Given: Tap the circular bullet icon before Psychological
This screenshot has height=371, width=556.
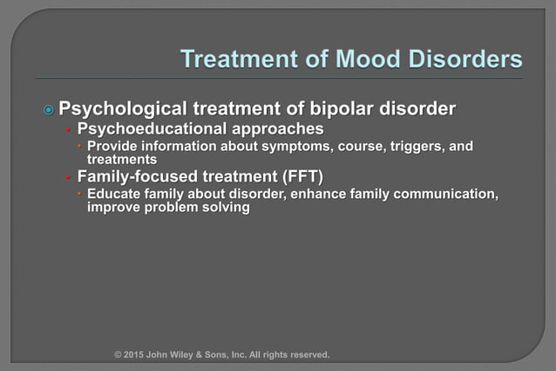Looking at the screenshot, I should (49, 111).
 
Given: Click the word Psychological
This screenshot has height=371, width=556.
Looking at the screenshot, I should (123, 110).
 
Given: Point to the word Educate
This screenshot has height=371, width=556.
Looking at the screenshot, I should (114, 194).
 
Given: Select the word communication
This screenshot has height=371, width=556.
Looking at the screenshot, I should (444, 194).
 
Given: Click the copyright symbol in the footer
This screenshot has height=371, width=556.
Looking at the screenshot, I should (119, 355).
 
